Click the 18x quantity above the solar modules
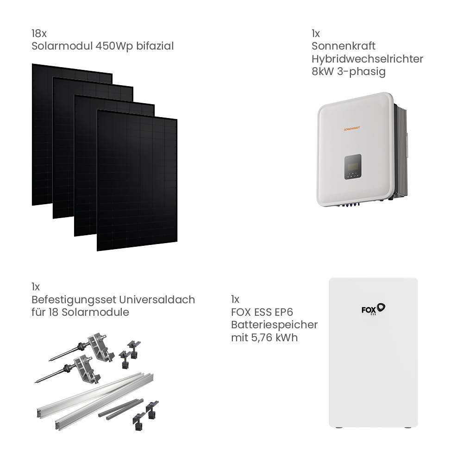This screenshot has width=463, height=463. [x=39, y=33]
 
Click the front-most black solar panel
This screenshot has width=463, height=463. [x=137, y=181]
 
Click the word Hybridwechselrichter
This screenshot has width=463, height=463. [x=367, y=59]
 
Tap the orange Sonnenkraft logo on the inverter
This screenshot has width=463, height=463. [x=352, y=129]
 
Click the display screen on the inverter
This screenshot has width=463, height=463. [x=353, y=167]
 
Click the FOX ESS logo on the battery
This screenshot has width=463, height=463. [x=373, y=309]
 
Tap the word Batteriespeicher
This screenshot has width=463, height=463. [x=274, y=325]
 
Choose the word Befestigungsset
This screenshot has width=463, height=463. [x=74, y=300]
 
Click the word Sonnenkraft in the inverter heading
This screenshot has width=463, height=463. [x=344, y=46]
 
